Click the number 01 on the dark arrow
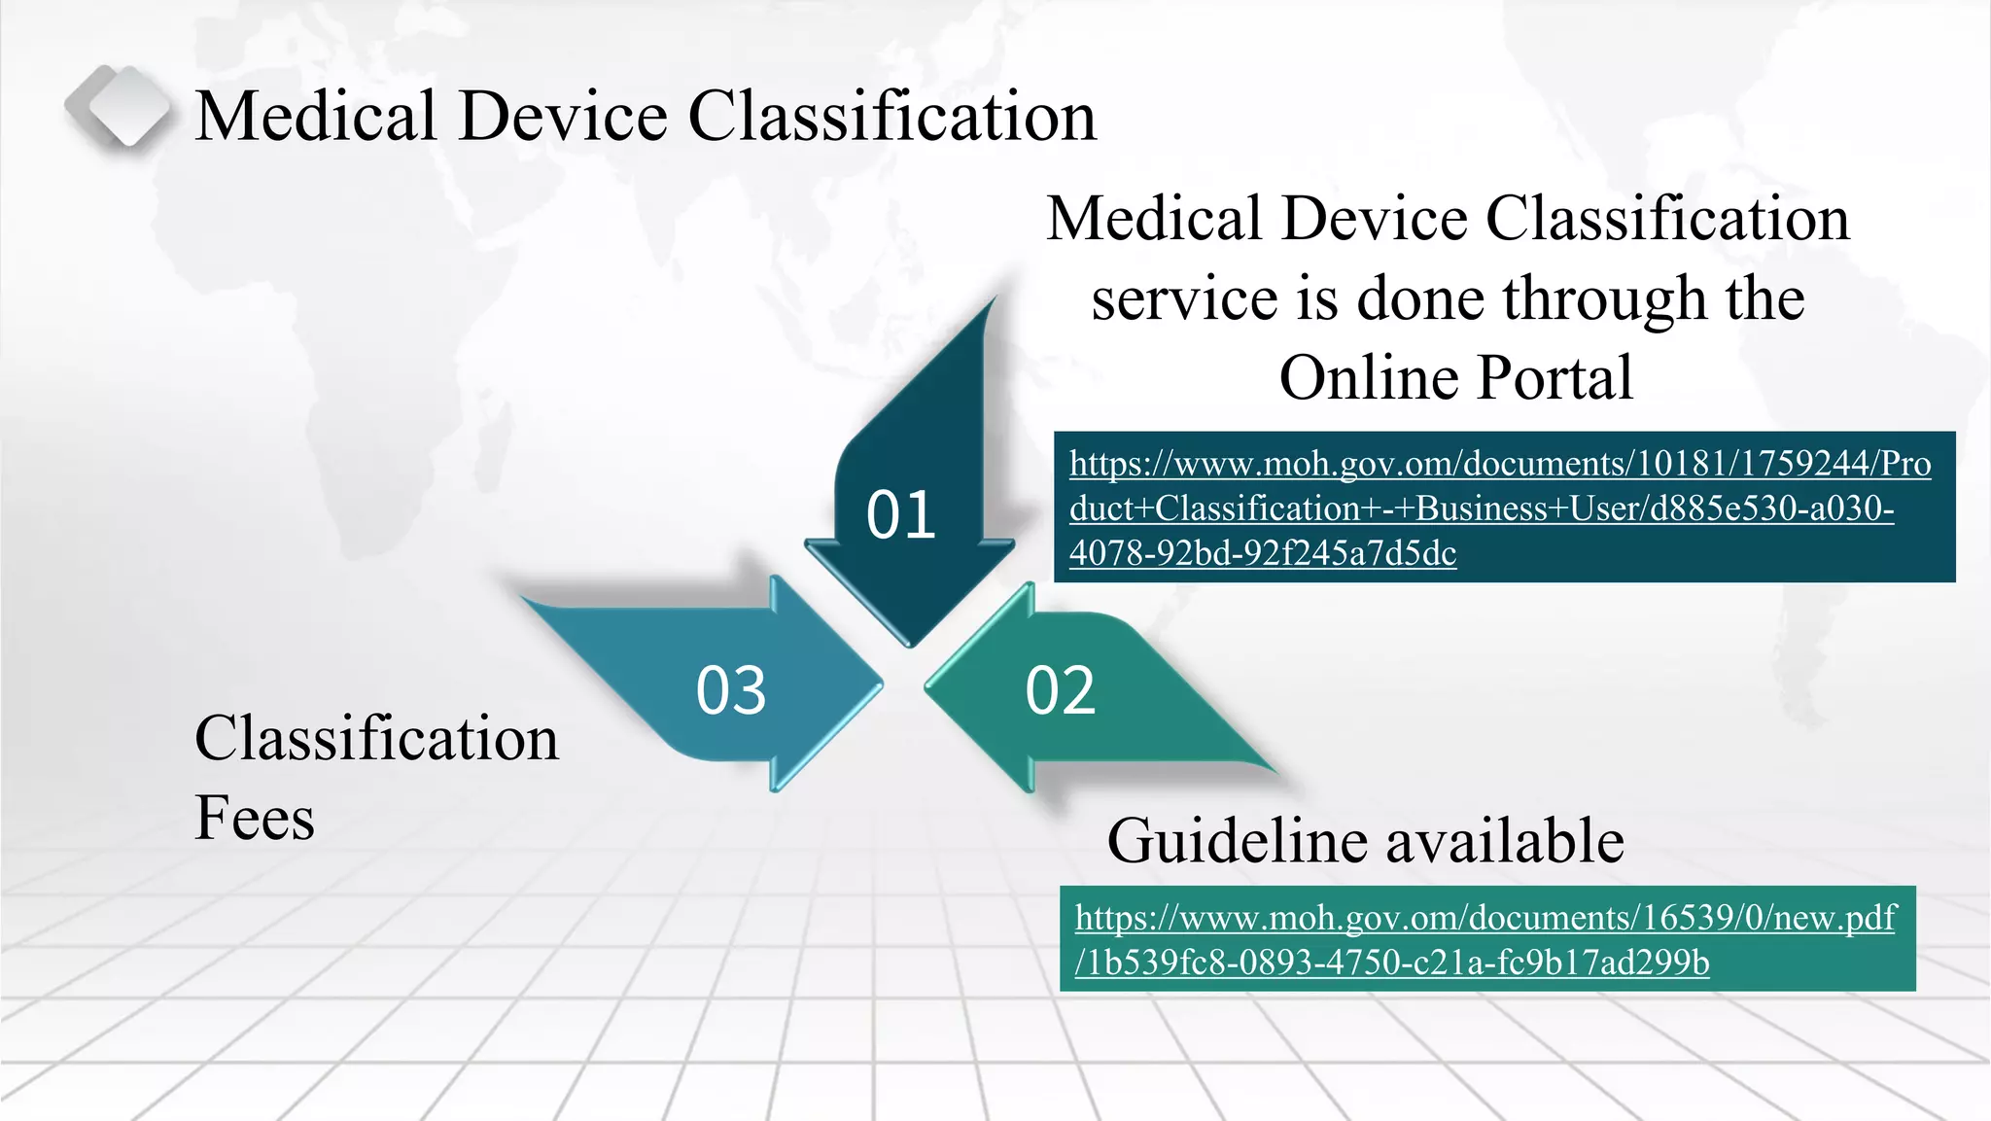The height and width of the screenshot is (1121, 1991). tap(900, 514)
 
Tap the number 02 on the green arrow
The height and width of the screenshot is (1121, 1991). tap(1060, 690)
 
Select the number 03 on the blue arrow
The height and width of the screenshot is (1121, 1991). tap(731, 690)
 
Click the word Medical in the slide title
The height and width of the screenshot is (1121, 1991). tap(315, 116)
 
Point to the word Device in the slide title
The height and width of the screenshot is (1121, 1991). tap(563, 116)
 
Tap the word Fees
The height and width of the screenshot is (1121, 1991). tap(255, 818)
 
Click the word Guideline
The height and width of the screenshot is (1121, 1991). tap(1238, 840)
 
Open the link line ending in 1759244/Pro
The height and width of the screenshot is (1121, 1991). tap(1500, 464)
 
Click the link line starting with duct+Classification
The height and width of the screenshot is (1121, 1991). tap(1482, 508)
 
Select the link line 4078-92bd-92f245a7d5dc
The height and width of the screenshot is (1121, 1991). tap(1263, 553)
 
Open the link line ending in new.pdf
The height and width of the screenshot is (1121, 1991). tap(1485, 918)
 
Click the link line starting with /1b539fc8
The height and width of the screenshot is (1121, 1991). tap(1392, 963)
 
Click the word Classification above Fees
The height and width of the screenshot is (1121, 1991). tap(376, 738)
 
